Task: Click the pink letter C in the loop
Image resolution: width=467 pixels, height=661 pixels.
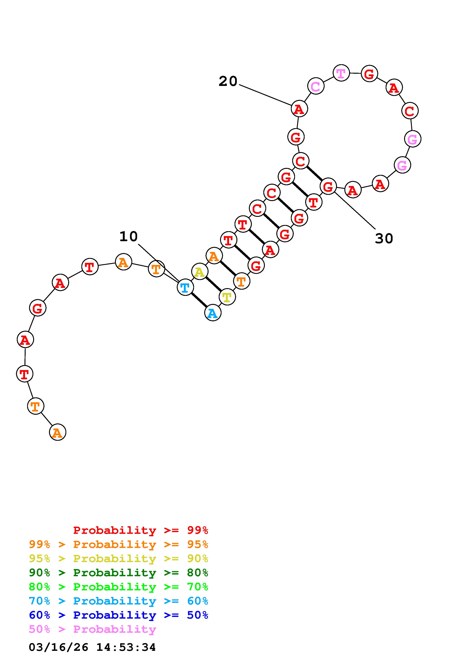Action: point(316,86)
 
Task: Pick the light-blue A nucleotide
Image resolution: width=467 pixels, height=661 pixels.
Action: point(213,313)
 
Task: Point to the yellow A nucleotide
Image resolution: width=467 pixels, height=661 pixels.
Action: point(200,272)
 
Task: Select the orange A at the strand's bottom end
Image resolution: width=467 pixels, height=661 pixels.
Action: point(57,432)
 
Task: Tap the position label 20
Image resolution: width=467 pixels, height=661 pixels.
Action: point(228,81)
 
